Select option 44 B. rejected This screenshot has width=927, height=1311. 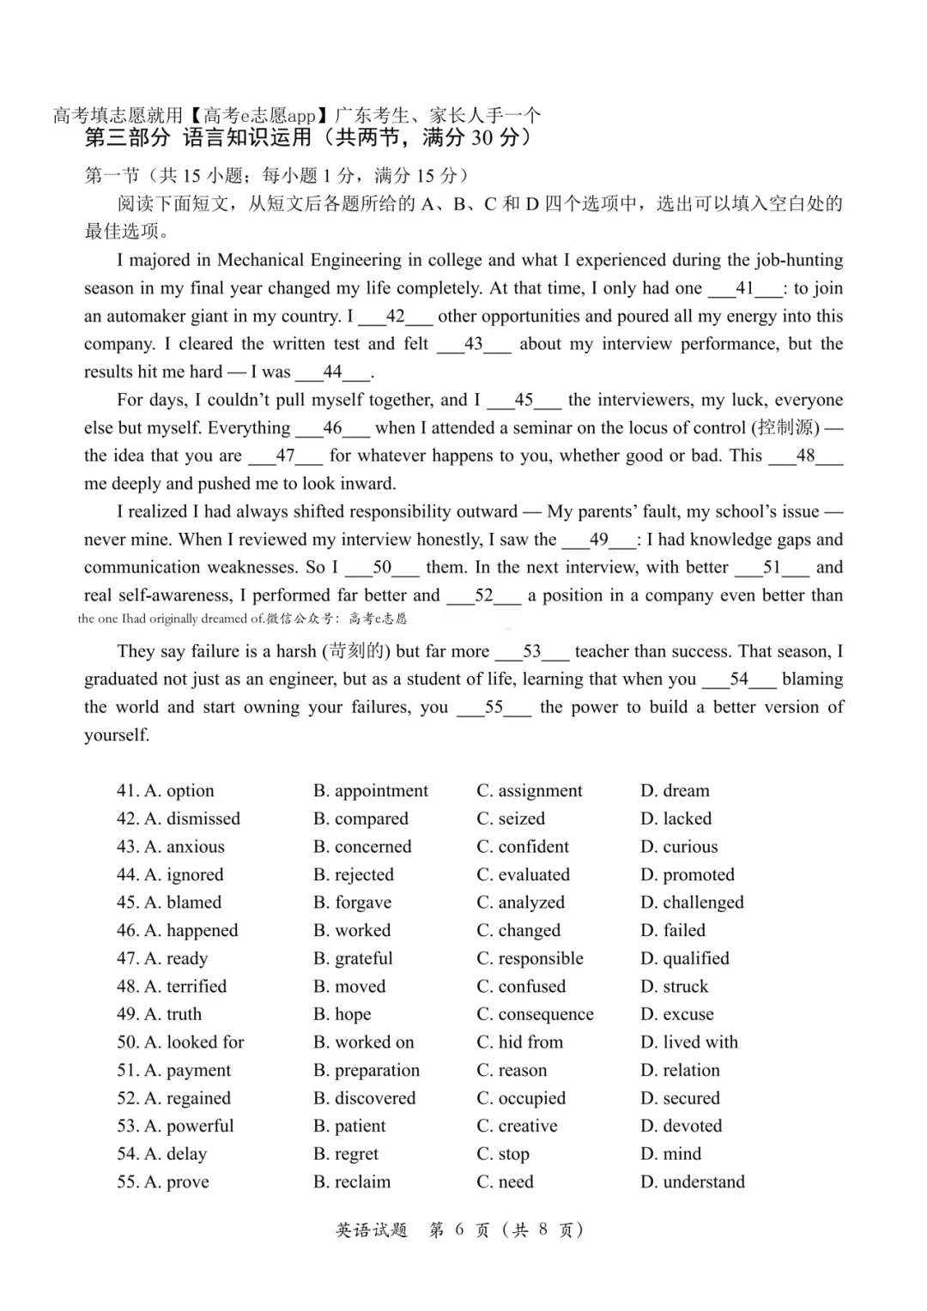354,874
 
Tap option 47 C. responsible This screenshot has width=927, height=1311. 530,958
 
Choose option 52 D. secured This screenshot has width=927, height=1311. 680,1098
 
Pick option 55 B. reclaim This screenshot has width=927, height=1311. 352,1182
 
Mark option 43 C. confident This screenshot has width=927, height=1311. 523,847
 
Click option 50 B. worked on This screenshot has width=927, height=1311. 364,1042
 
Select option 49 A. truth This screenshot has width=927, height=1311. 173,1014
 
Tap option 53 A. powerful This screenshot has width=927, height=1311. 189,1126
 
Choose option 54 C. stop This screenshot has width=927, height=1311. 503,1154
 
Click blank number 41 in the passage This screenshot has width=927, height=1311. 744,288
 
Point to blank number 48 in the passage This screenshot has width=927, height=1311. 805,456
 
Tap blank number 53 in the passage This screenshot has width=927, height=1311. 531,651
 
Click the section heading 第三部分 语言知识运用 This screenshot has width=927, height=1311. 307,137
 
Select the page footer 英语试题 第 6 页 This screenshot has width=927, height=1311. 459,1229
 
